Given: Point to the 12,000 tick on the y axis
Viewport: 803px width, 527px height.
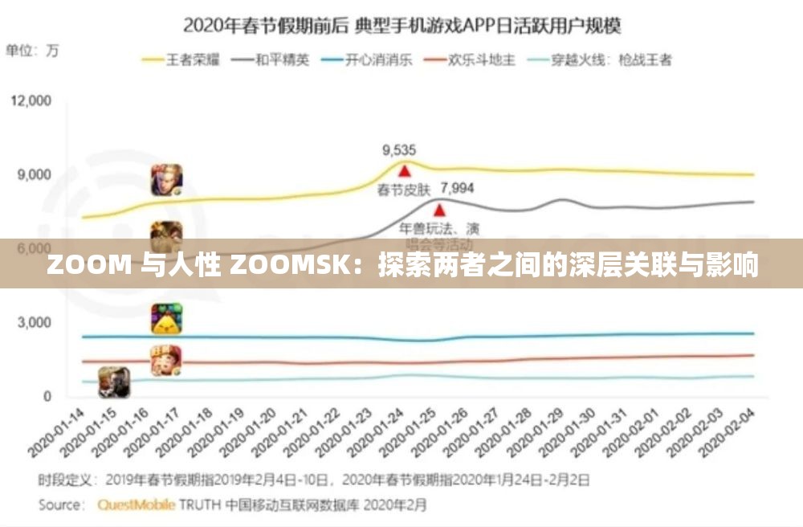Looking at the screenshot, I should pyautogui.click(x=30, y=100).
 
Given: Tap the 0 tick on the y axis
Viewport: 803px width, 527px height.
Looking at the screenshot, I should pyautogui.click(x=47, y=396).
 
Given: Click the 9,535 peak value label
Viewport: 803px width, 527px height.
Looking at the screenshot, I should pyautogui.click(x=399, y=149).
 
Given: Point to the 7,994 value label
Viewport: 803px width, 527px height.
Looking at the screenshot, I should pyautogui.click(x=458, y=189).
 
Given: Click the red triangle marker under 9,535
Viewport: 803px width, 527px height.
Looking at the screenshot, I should pyautogui.click(x=405, y=170).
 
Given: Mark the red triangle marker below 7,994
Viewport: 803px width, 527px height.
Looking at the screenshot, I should pyautogui.click(x=439, y=210).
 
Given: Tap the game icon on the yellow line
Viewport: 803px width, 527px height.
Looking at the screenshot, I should pyautogui.click(x=167, y=180).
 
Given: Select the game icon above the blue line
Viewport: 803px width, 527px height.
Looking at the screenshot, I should pyautogui.click(x=167, y=319).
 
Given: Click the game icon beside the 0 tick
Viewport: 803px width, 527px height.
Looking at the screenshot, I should pyautogui.click(x=114, y=382).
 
